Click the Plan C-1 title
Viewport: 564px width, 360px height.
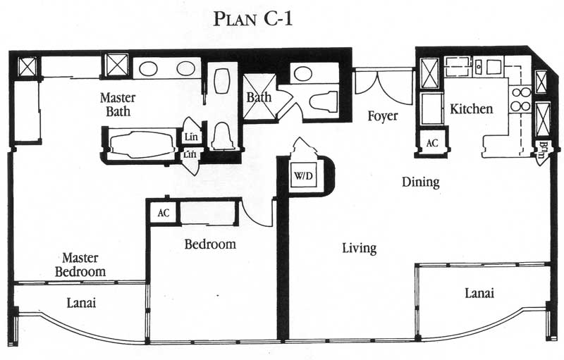pos(253,19)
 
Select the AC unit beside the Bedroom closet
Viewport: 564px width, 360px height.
pos(164,213)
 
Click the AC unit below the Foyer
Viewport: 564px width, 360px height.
pos(432,143)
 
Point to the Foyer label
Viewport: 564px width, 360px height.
pos(382,116)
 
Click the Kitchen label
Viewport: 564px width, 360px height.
pos(471,108)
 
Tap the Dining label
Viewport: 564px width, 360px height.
pos(420,182)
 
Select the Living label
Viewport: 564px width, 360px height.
pos(359,248)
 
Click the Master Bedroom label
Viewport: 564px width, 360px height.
pos(80,264)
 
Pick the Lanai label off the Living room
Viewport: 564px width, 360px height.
pos(479,293)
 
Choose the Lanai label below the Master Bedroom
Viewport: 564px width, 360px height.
pos(81,303)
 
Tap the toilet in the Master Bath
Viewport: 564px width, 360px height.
pos(223,136)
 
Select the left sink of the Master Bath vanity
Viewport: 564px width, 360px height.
pos(148,68)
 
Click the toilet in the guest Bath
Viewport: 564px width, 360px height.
pos(323,101)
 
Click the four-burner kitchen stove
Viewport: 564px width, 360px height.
pos(520,99)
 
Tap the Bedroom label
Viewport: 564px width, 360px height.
pos(210,244)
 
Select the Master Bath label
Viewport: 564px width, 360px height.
pos(118,104)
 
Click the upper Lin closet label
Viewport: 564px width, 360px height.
pos(191,137)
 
